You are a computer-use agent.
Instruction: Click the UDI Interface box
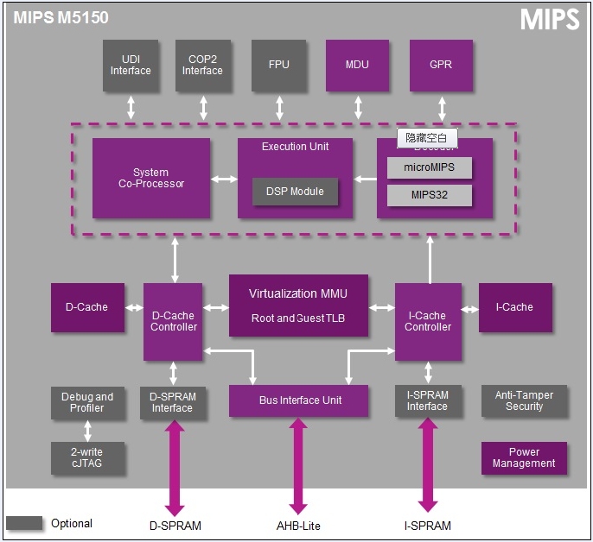131,65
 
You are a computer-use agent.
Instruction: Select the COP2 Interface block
202,65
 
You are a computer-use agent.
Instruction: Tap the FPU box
279,65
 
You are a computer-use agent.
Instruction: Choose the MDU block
357,65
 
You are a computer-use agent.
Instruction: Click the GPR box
441,65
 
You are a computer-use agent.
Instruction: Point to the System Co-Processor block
151,178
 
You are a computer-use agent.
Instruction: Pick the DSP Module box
296,192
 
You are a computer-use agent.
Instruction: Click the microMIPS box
430,167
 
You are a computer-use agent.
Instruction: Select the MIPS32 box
430,195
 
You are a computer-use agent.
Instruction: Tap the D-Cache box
87,307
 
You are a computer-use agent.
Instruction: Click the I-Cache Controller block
428,321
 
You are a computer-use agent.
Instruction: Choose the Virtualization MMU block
298,306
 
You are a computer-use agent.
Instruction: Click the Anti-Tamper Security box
524,400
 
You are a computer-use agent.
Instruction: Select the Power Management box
524,457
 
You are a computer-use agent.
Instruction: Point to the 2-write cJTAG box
87,457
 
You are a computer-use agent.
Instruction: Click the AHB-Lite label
299,526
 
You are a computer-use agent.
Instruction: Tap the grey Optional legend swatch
24,523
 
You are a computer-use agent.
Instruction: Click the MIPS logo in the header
549,21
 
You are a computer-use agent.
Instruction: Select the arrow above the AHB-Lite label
299,466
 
